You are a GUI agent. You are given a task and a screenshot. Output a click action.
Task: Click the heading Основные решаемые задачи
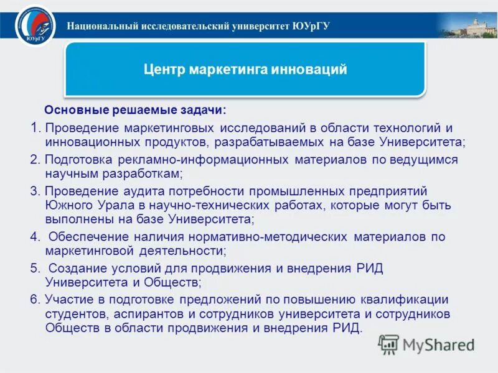pos(135,110)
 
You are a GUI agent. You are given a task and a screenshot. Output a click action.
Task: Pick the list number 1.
pos(34,128)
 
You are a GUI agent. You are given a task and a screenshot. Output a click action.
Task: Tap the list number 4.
pos(34,237)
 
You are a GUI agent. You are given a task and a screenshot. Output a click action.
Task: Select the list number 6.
pos(34,299)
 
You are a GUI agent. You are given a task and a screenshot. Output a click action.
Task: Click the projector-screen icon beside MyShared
pos(389,344)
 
